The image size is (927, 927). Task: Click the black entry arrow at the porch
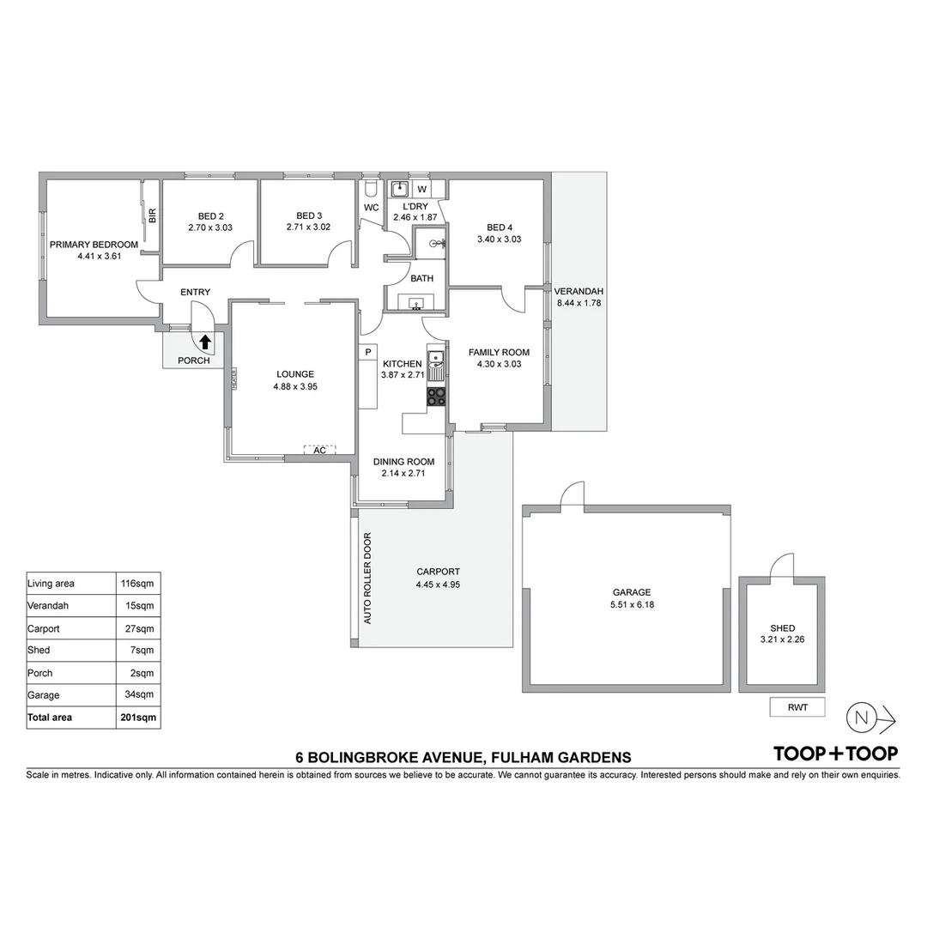pos(205,342)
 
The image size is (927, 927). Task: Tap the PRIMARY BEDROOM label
pos(94,245)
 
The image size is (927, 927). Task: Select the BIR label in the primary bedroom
pos(152,215)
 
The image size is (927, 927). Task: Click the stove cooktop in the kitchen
pos(436,397)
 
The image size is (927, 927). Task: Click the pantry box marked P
pos(367,351)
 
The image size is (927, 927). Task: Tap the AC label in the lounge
pos(319,450)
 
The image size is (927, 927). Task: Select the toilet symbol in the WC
pos(371,187)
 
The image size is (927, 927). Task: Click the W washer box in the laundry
pos(421,189)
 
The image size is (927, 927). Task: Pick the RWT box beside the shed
pos(797,707)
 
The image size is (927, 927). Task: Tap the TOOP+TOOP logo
pos(835,754)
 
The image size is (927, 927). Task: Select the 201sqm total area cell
pos(139,718)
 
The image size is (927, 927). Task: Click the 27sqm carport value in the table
pos(139,628)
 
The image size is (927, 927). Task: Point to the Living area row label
pos(51,584)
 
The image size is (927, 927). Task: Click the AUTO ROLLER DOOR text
pos(367,579)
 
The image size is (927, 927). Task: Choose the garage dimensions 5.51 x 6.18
pos(631,604)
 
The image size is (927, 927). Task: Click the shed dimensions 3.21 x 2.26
pos(782,639)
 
